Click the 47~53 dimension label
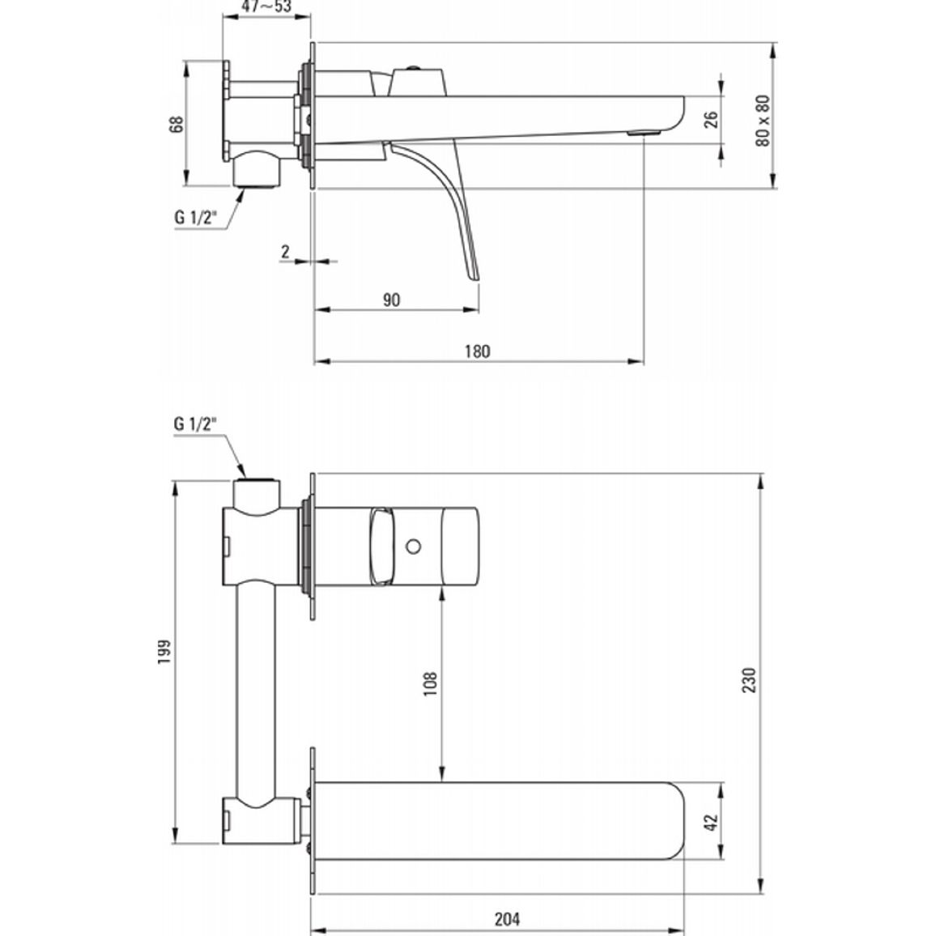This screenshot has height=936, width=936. click(266, 6)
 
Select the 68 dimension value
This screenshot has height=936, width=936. click(177, 124)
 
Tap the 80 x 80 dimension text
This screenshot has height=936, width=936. click(763, 121)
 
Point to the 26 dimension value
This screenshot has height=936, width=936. click(710, 119)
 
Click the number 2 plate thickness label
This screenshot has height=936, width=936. click(285, 251)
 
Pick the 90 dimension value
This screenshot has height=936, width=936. click(392, 300)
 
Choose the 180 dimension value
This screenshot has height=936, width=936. click(478, 351)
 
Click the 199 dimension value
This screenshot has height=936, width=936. click(164, 653)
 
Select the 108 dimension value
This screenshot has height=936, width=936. click(431, 684)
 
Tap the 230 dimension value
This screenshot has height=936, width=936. click(749, 680)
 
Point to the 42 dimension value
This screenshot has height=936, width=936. click(710, 821)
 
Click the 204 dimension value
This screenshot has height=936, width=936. click(507, 919)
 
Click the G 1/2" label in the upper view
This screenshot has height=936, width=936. click(194, 217)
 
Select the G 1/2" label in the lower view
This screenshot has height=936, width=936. click(194, 423)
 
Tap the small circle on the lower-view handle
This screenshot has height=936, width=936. click(413, 546)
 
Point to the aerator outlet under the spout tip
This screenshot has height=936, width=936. click(644, 133)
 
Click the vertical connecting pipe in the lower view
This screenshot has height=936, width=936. click(257, 694)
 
